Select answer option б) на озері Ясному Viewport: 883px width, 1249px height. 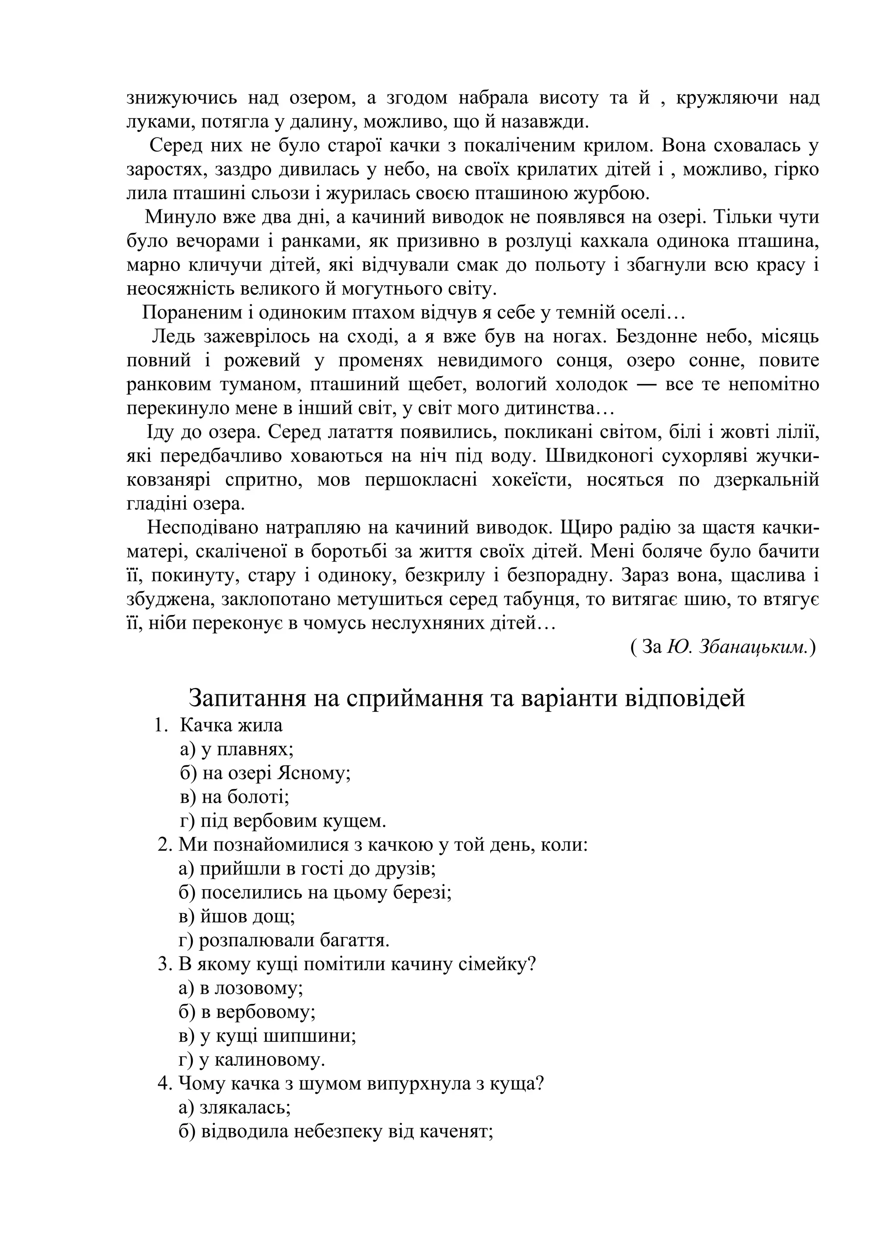pyautogui.click(x=265, y=773)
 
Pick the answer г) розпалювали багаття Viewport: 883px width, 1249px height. pyautogui.click(x=284, y=940)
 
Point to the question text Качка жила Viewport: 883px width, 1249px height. pyautogui.click(x=231, y=725)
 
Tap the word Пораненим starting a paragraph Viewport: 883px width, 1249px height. pyautogui.click(x=183, y=313)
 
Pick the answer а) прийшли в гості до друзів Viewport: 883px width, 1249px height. pyautogui.click(x=307, y=868)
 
